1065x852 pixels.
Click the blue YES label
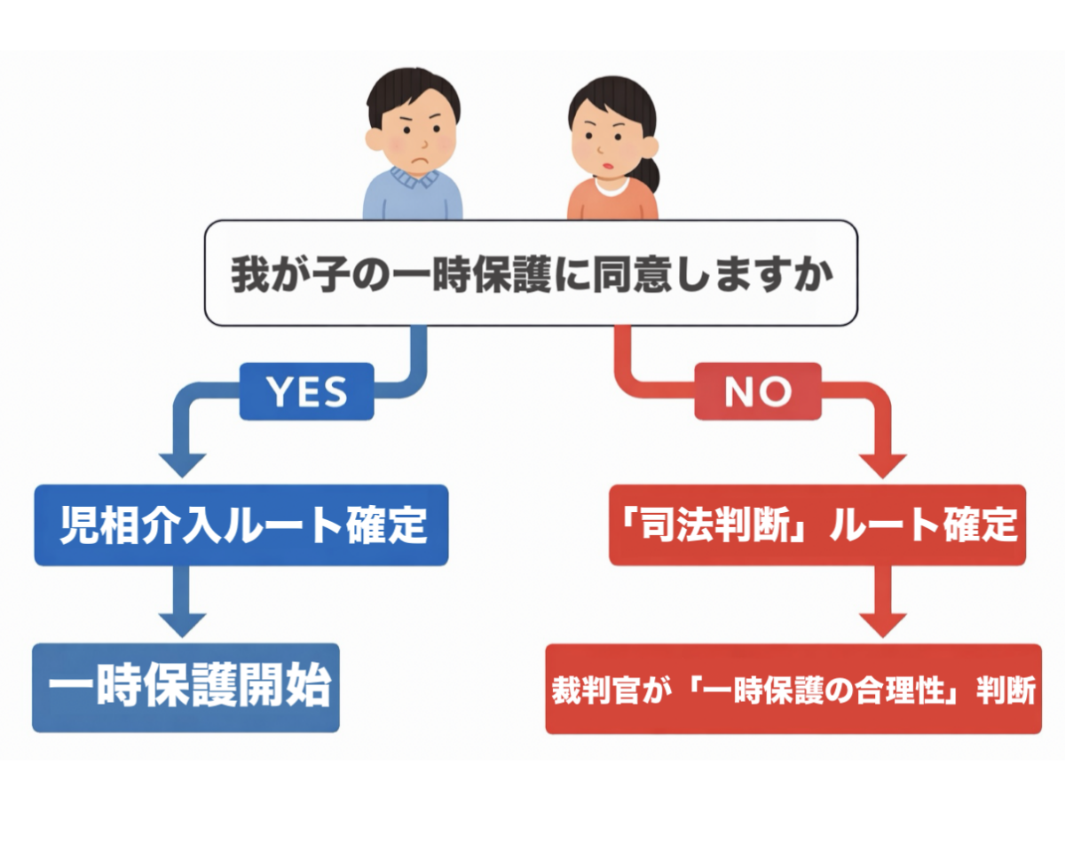(306, 391)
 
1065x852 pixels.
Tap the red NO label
(758, 391)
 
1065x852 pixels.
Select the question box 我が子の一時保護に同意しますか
(531, 272)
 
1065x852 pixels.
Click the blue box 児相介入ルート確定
(241, 525)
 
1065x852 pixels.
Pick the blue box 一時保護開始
(186, 687)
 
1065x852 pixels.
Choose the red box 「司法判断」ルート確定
(817, 525)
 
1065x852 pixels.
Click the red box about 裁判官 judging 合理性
(793, 689)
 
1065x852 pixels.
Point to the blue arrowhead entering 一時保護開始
(182, 625)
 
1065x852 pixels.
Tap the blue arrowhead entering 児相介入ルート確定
(182, 465)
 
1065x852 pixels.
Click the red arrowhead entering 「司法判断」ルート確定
(883, 465)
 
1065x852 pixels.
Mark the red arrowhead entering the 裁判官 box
(883, 625)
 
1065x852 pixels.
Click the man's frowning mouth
(420, 161)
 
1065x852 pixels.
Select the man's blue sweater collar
(414, 178)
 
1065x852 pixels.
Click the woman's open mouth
(608, 166)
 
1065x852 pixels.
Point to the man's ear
(375, 139)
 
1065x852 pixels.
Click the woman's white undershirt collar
(612, 186)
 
